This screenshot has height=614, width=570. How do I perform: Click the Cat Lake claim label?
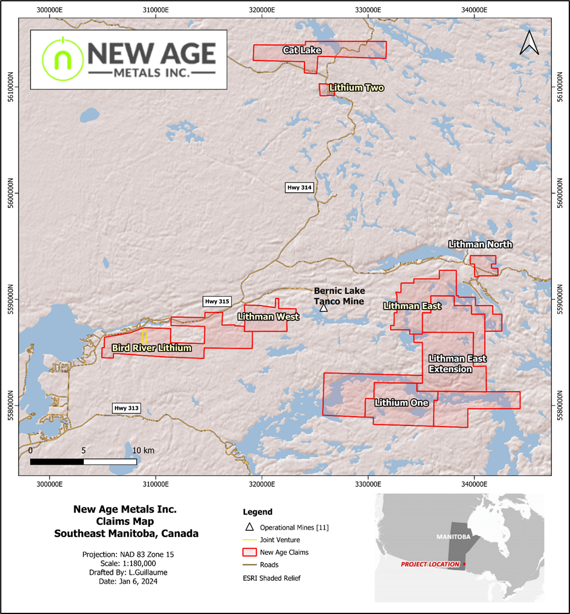click(302, 51)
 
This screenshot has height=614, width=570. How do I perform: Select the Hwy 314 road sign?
click(299, 187)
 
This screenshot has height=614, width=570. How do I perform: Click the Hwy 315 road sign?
click(217, 301)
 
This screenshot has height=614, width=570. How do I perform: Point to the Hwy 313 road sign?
click(126, 409)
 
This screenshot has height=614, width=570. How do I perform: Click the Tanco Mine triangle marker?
click(324, 307)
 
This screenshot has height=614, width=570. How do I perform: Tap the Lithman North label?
click(480, 244)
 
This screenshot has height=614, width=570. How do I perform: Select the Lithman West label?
click(268, 317)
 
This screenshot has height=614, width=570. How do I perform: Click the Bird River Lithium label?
click(151, 348)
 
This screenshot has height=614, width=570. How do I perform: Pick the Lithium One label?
click(402, 403)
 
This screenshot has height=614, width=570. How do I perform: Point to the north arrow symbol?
click(529, 43)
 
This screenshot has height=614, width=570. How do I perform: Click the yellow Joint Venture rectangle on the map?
click(144, 337)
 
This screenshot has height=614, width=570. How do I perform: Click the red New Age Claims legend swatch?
click(249, 552)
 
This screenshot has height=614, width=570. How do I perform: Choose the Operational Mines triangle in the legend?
click(249, 527)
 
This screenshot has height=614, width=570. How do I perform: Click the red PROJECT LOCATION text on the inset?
click(429, 565)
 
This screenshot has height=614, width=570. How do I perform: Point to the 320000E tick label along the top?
click(262, 9)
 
